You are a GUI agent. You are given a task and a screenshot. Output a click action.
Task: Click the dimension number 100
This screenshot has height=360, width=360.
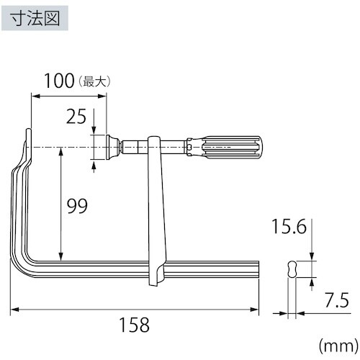coord(59,80)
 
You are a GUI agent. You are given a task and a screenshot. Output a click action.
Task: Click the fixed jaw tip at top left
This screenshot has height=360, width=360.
coord(29,138)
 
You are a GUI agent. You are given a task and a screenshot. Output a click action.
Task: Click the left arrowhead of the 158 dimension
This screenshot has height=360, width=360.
coord(14,310)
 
